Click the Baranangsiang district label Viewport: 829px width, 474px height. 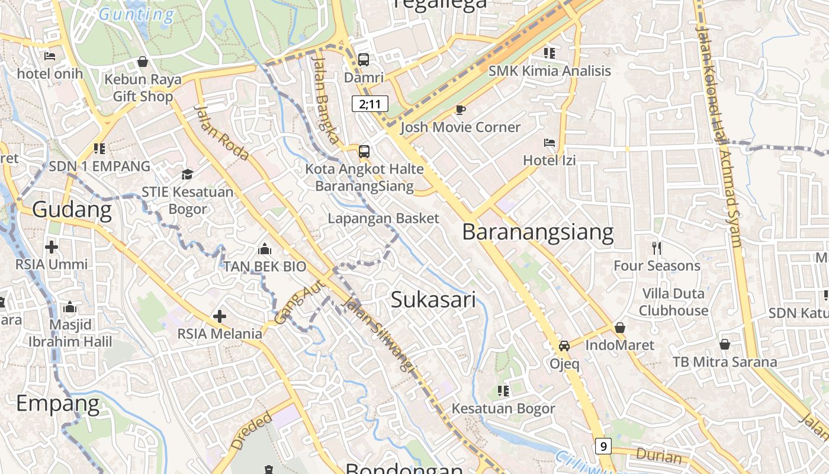click(x=538, y=232)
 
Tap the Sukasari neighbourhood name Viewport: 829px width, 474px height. click(x=433, y=300)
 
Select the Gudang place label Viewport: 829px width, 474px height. click(x=72, y=210)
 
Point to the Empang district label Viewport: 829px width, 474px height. click(x=58, y=403)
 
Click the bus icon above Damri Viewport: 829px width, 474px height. click(x=364, y=60)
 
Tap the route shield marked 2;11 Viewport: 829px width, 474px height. click(x=370, y=104)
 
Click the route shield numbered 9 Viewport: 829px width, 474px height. click(x=603, y=446)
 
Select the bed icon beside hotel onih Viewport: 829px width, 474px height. click(x=50, y=56)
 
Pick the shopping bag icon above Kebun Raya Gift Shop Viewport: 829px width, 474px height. click(x=143, y=61)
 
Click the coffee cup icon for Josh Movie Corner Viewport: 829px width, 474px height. click(x=460, y=110)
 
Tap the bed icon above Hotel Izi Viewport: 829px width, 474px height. click(x=549, y=143)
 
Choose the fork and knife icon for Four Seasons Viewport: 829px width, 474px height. click(x=656, y=248)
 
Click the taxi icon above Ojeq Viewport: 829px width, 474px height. click(x=564, y=346)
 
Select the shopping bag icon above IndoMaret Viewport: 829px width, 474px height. click(x=619, y=327)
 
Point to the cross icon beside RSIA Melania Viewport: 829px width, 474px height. click(x=220, y=316)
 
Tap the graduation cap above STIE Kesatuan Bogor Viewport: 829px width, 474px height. click(x=187, y=174)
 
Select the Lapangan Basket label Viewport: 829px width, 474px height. click(x=384, y=218)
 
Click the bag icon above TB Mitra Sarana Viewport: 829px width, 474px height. click(x=724, y=344)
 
